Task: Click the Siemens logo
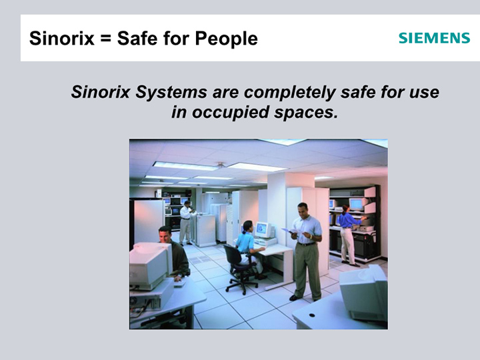[434, 38]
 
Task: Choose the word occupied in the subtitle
[230, 112]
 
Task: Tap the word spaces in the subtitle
[307, 112]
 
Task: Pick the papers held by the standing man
[292, 232]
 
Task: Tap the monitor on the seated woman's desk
[264, 230]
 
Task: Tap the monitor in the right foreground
[365, 292]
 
